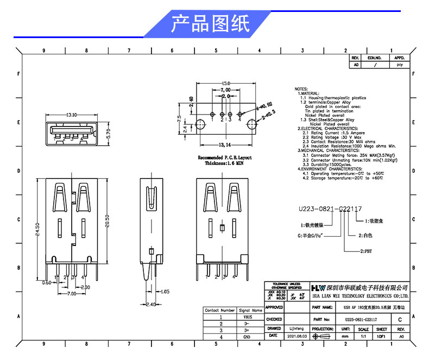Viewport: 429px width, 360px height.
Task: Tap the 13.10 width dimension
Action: click(71, 115)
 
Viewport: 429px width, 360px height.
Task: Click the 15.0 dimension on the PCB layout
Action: click(225, 83)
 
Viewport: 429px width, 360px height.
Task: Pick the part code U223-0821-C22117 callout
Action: click(330, 209)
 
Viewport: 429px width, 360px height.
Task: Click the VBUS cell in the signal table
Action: click(247, 317)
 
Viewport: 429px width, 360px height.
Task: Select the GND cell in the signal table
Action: click(247, 337)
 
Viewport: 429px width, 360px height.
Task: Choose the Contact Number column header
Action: click(219, 310)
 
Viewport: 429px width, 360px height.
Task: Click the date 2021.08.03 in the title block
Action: click(297, 337)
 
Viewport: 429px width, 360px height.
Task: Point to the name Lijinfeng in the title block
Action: click(296, 329)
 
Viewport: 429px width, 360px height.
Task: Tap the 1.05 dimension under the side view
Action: click(165, 292)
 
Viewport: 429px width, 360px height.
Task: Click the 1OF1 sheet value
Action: click(381, 337)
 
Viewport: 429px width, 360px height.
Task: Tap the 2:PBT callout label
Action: click(367, 252)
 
